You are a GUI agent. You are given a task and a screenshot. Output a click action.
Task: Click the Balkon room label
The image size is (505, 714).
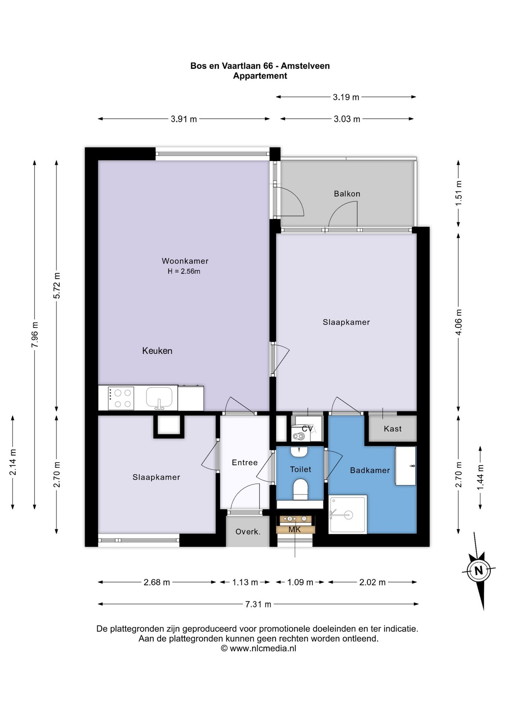click(x=347, y=194)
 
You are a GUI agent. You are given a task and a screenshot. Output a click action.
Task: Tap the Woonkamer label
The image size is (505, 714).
click(x=185, y=261)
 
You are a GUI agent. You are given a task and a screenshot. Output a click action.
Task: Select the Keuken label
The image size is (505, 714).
click(x=157, y=351)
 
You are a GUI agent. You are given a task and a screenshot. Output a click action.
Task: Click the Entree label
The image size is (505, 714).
click(x=244, y=463)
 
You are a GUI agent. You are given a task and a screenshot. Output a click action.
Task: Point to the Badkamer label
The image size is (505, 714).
click(x=370, y=470)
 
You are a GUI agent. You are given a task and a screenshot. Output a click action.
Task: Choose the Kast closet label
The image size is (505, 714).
click(x=393, y=429)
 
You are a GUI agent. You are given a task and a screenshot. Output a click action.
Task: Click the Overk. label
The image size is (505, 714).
click(x=248, y=532)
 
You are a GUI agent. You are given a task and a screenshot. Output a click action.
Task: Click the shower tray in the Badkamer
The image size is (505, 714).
click(x=348, y=514)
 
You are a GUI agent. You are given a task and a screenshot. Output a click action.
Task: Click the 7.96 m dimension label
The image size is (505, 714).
click(x=35, y=334)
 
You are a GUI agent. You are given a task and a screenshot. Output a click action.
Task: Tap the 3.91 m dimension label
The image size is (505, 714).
click(x=184, y=119)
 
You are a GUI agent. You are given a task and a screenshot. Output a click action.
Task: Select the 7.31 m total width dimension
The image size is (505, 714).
click(x=258, y=604)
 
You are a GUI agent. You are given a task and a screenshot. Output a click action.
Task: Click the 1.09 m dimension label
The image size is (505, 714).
click(x=300, y=582)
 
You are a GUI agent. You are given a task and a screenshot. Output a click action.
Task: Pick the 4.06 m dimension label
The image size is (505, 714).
click(x=459, y=322)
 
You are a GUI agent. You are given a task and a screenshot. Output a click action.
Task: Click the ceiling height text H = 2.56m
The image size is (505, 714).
click(x=184, y=271)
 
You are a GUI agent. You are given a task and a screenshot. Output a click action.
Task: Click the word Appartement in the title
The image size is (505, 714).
click(x=260, y=76)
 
